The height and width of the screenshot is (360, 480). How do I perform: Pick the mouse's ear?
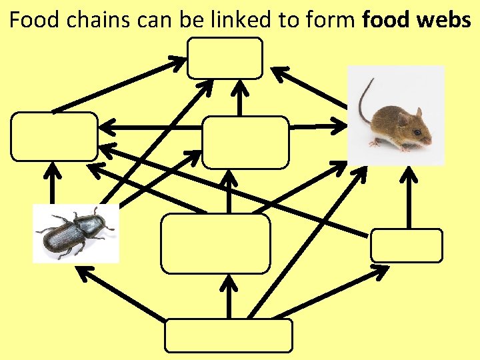[403, 118]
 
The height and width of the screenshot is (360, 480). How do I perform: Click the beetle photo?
[75, 233]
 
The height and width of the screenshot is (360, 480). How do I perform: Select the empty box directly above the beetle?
[54, 137]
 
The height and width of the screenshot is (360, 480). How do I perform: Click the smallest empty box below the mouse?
[406, 245]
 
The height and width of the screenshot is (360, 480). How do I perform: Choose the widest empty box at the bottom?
[229, 335]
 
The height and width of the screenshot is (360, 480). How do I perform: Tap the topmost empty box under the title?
[225, 58]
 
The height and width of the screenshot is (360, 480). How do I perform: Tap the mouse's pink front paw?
[405, 147]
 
